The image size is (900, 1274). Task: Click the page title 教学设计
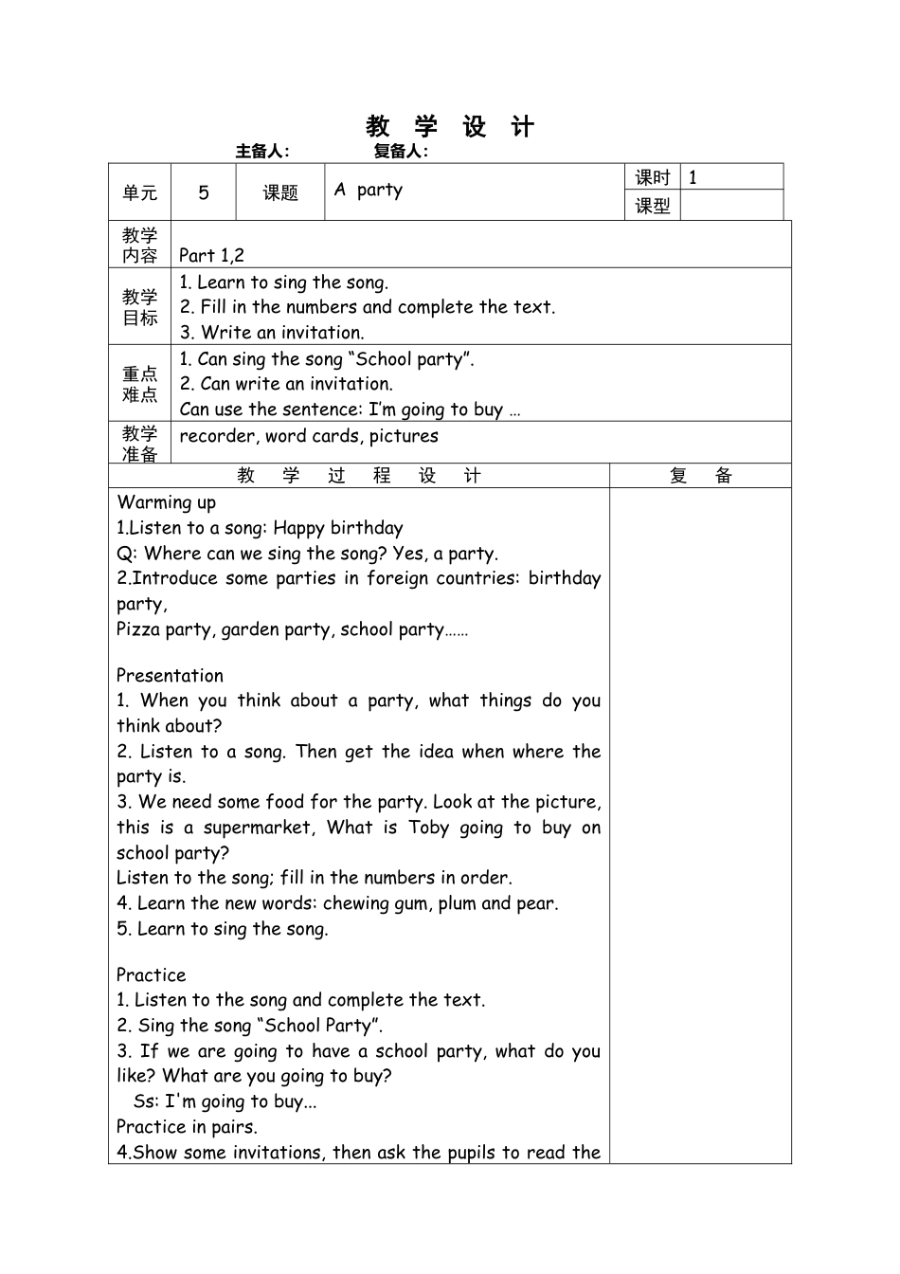tap(450, 127)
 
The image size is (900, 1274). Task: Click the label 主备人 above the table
tap(262, 151)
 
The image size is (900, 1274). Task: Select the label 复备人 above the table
tap(401, 151)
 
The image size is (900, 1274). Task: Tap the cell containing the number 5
tap(204, 192)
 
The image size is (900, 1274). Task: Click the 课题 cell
tap(280, 192)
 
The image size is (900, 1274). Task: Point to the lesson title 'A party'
tap(369, 190)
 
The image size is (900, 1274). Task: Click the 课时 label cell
tap(653, 177)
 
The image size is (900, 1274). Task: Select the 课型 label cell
tap(653, 206)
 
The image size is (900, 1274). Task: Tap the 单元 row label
tap(140, 192)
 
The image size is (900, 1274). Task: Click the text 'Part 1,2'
tap(211, 255)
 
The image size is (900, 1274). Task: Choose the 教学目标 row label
tap(140, 307)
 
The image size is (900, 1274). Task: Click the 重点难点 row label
tap(140, 384)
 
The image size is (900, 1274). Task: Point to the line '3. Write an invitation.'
tap(272, 333)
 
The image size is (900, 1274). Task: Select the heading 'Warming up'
tap(166, 502)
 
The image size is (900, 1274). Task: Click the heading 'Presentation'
tap(170, 676)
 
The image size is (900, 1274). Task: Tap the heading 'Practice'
tap(152, 975)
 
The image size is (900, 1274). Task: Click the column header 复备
tap(701, 476)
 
